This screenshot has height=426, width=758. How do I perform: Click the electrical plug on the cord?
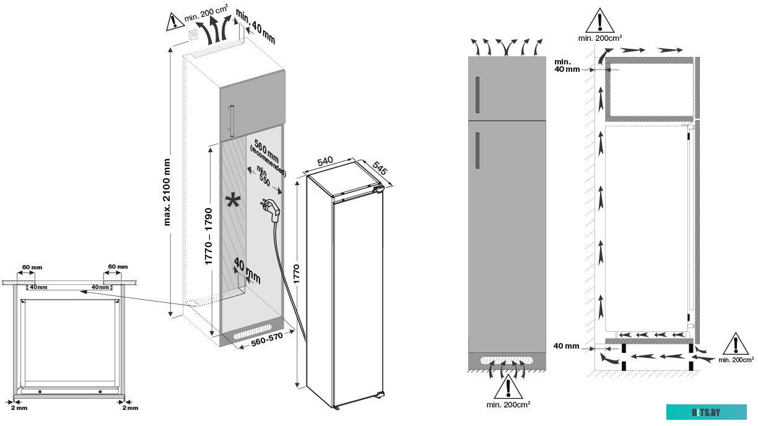(x=271, y=211)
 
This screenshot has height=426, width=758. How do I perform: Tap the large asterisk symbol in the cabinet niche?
(x=233, y=202)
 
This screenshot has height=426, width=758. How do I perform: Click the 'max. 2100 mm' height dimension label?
(x=167, y=191)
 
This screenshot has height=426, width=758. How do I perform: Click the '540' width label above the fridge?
(x=325, y=162)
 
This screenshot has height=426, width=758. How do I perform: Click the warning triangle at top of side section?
(x=600, y=20)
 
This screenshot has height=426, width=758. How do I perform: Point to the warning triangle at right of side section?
(x=736, y=343)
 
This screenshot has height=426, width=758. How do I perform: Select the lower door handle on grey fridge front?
(x=478, y=150)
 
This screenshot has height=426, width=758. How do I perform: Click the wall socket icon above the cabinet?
(x=193, y=35)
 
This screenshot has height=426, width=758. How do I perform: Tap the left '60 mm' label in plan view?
(x=33, y=267)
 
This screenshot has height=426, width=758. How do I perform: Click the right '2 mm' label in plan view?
(x=129, y=408)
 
